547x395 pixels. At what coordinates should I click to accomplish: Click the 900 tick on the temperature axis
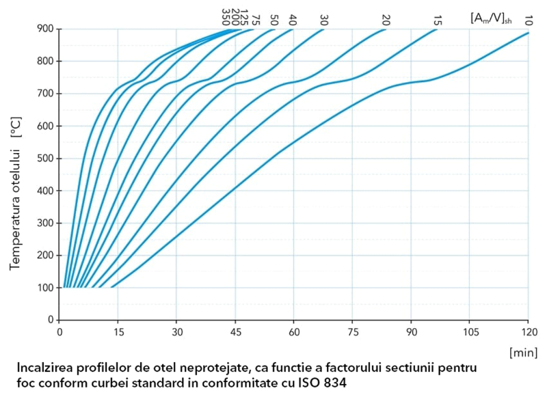pos(46,29)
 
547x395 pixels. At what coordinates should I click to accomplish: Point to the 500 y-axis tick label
pos(46,159)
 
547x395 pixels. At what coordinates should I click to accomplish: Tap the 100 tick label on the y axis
pos(46,288)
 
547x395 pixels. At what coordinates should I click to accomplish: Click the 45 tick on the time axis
pos(235,333)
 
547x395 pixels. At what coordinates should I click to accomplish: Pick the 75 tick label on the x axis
pos(352,333)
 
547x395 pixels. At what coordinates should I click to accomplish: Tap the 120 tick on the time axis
pos(528,333)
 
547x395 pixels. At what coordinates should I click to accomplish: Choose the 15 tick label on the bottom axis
pos(118,333)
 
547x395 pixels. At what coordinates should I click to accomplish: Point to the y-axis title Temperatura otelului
pos(15,198)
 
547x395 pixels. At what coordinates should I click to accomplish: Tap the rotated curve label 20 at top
pos(386,20)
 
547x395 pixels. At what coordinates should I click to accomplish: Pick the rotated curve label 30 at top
pos(323,20)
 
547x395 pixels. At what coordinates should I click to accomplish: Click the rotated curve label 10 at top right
pos(529,20)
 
